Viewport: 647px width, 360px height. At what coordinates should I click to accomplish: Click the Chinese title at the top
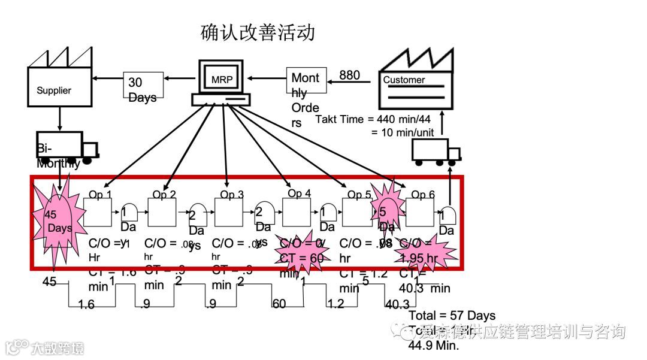coord(258,32)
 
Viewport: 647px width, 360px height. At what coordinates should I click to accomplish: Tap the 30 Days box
coord(143,88)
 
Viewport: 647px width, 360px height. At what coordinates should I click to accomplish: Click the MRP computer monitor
coord(220,78)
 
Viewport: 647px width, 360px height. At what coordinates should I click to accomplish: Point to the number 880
coord(350,75)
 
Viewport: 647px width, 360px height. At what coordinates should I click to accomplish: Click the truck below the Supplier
coord(66,146)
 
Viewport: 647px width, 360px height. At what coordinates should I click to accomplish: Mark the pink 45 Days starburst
coord(59,221)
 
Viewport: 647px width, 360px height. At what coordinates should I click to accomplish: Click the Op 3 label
coord(232,194)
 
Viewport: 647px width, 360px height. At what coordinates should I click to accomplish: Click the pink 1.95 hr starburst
coord(422,252)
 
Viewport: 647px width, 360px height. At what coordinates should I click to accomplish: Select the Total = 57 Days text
coord(452,315)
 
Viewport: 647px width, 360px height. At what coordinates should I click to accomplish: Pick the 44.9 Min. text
coord(434,345)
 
